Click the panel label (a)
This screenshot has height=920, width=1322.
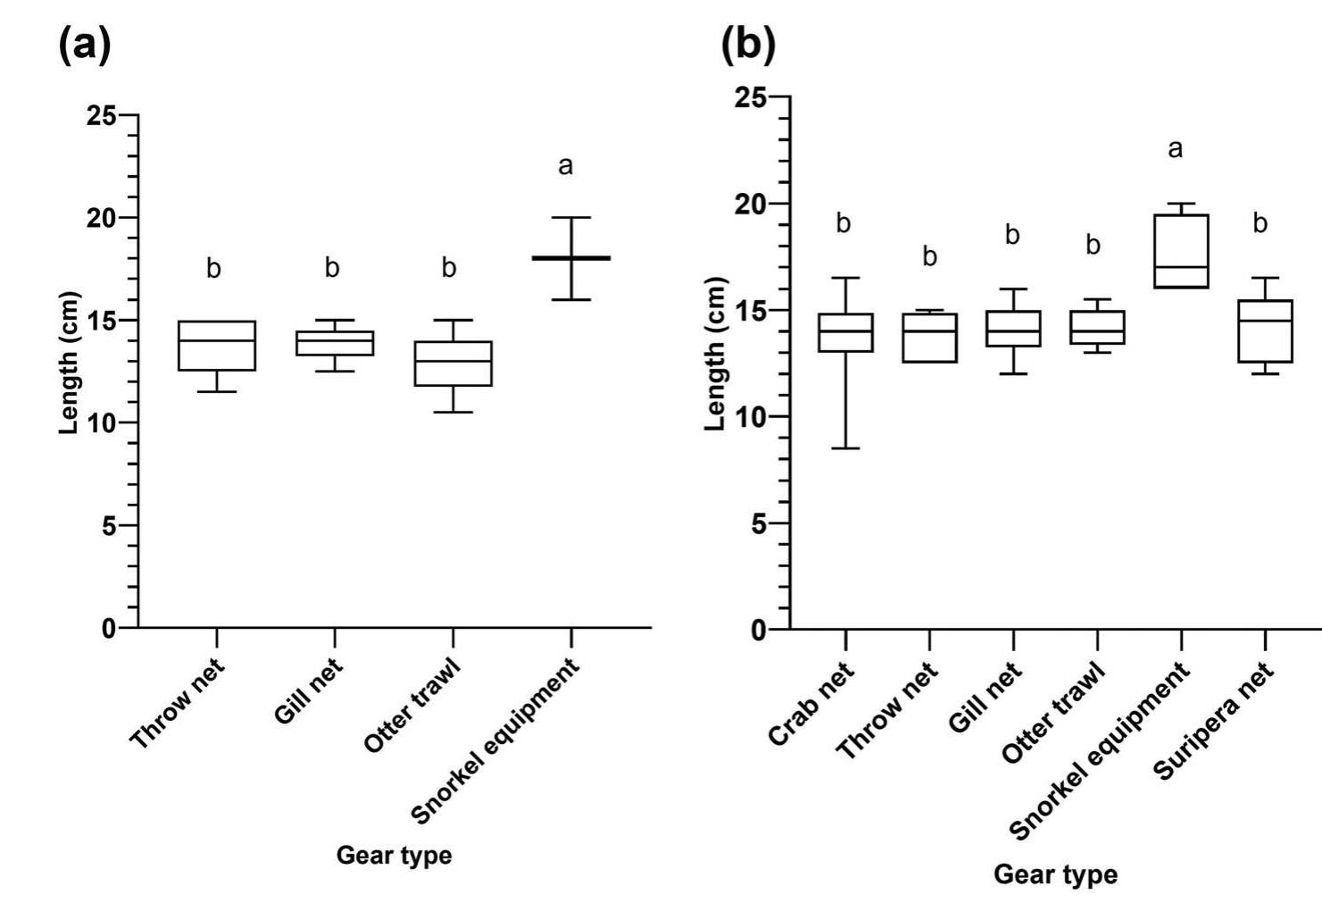[86, 45]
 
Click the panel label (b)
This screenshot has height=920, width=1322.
[748, 45]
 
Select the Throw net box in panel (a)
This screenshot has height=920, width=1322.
[217, 346]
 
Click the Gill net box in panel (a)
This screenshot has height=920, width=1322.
[335, 343]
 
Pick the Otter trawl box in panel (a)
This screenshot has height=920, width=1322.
[453, 364]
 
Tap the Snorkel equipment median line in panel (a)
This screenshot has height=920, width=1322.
[570, 258]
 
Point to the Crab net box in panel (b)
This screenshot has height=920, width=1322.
[845, 332]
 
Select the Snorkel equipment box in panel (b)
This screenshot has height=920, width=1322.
[1181, 251]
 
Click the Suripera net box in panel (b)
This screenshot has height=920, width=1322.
[1265, 330]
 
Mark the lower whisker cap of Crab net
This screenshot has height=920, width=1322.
[845, 447]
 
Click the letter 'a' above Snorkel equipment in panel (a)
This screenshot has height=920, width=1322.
[565, 166]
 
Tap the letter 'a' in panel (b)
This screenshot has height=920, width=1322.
[1175, 149]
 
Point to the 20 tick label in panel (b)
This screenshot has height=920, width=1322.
[752, 204]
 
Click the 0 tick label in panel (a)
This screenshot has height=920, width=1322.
[108, 628]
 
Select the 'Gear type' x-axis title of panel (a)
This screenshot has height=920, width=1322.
[394, 856]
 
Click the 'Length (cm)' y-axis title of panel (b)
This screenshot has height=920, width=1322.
[714, 355]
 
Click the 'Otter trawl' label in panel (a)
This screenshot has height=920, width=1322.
[412, 706]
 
